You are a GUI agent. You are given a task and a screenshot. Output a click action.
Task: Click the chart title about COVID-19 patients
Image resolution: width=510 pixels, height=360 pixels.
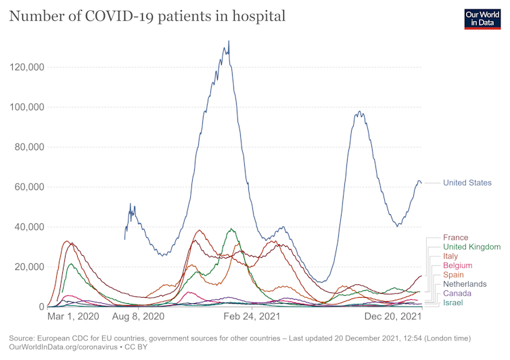tap(147, 15)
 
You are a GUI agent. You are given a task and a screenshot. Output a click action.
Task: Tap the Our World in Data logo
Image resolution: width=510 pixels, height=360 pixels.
tap(482, 18)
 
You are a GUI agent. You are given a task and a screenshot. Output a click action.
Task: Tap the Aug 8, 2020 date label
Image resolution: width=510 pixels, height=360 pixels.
tap(139, 317)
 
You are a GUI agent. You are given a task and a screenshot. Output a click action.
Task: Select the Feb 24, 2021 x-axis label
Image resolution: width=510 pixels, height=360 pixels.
tap(252, 317)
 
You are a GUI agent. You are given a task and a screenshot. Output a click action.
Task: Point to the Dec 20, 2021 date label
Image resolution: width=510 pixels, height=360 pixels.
tap(393, 317)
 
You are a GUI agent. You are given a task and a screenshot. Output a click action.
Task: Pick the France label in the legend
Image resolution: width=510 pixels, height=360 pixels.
tap(455, 238)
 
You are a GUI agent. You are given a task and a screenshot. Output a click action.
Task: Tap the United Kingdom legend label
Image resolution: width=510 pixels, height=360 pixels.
tap(471, 247)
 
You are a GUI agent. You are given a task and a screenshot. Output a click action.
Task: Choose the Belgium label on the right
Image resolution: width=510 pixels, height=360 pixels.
tap(458, 266)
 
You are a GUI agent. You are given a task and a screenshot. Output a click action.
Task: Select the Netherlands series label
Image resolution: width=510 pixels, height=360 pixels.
tap(465, 284)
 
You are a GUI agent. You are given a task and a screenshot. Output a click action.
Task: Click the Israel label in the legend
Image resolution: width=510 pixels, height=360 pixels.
tap(454, 302)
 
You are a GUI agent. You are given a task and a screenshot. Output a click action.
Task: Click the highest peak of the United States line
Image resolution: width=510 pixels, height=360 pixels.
tap(229, 41)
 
